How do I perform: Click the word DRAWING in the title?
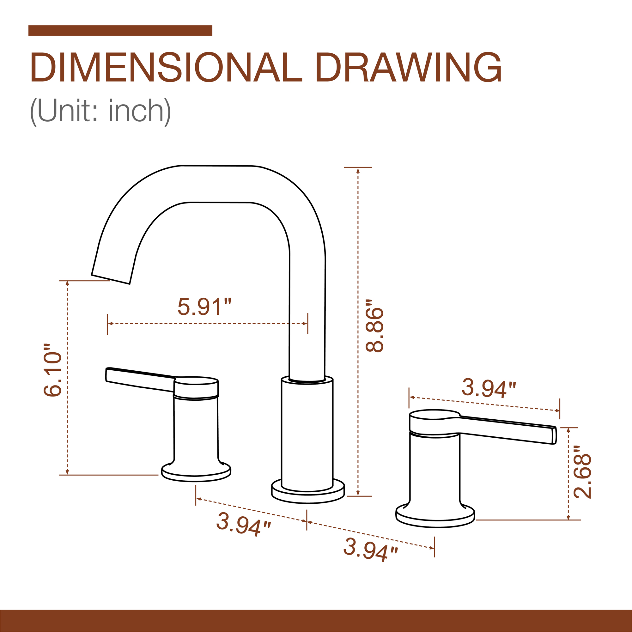point(409,67)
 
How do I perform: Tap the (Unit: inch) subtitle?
point(100,112)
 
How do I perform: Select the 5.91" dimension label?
point(204,307)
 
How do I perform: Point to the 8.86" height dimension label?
point(374,325)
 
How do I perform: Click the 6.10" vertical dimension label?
point(53,370)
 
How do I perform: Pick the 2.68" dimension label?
point(583,476)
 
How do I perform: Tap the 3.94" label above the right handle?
point(489,388)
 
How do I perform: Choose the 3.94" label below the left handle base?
point(243,524)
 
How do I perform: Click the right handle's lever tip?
point(554,435)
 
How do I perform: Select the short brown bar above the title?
point(120,30)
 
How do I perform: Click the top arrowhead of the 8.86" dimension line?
point(358,170)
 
